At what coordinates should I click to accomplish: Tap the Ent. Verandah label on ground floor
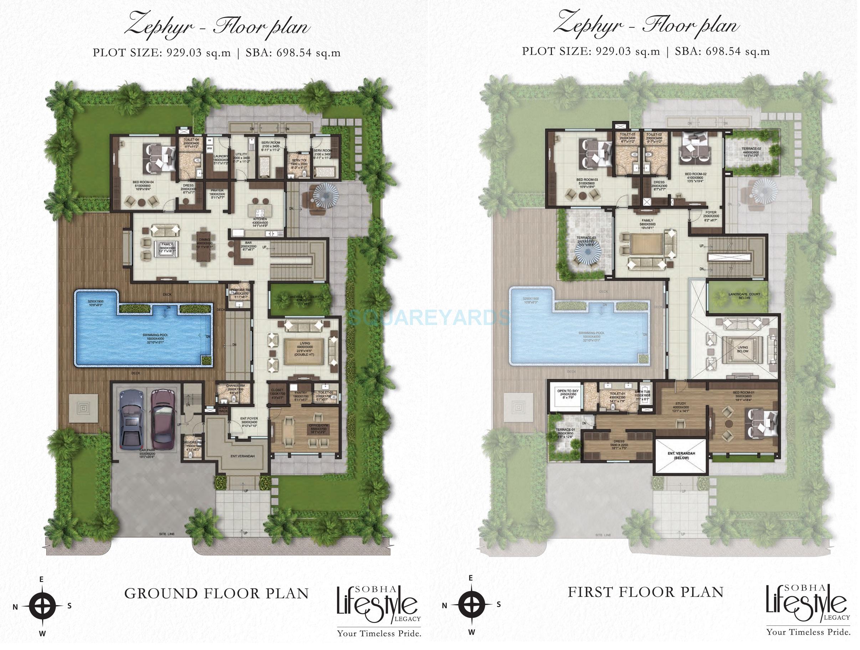click(242, 456)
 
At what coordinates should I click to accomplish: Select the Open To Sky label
click(568, 392)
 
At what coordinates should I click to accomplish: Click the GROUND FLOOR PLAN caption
click(216, 594)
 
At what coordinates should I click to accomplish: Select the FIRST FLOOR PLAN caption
click(645, 592)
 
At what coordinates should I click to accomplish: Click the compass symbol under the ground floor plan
click(43, 606)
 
